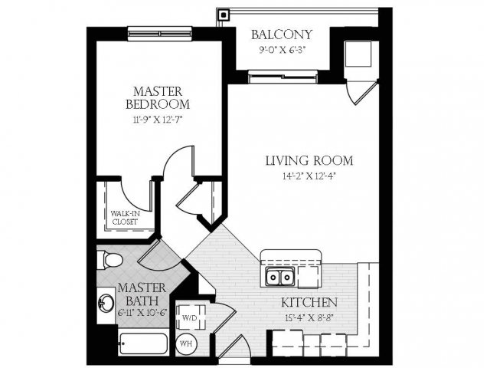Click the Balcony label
click(x=282, y=34)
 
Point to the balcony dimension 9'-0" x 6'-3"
click(x=282, y=50)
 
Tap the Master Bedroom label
click(x=158, y=98)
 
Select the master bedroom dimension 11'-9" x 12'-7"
click(x=158, y=120)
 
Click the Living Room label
click(x=309, y=160)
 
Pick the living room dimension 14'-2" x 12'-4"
click(x=309, y=176)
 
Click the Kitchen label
click(x=309, y=302)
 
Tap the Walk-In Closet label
click(x=125, y=218)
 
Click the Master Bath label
click(x=142, y=294)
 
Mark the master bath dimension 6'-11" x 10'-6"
click(x=142, y=312)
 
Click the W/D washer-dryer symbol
click(x=190, y=317)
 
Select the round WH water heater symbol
click(x=187, y=343)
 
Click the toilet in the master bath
click(x=109, y=260)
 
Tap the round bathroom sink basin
click(x=106, y=303)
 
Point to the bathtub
click(x=144, y=343)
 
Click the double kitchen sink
click(x=280, y=277)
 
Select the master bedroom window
click(x=160, y=34)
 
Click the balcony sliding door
click(x=283, y=77)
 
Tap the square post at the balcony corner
click(x=223, y=15)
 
